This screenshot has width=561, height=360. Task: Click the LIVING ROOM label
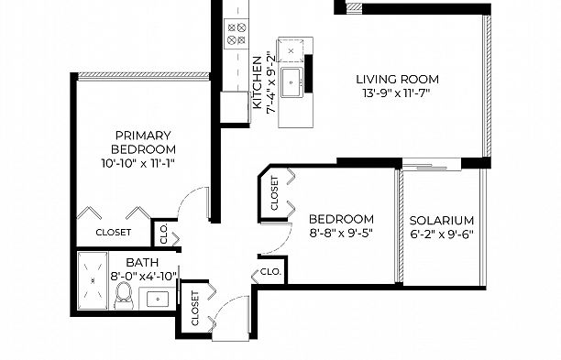tap(397, 79)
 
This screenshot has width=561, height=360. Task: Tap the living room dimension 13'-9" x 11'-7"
tap(396, 93)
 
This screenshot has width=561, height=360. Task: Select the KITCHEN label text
tap(258, 82)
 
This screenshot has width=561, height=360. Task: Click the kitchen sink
tap(291, 82)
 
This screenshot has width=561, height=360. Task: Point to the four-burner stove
tap(236, 34)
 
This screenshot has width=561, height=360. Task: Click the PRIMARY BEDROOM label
tap(143, 142)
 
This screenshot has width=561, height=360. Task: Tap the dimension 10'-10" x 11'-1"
tap(137, 163)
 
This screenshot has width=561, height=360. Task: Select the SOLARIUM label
tap(442, 220)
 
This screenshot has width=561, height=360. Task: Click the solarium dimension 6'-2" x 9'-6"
tap(442, 235)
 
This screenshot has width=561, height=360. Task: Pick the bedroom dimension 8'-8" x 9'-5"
tap(341, 233)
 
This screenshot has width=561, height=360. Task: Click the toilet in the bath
tap(124, 296)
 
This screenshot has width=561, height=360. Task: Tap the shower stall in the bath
tap(93, 280)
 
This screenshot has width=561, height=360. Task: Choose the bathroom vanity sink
tap(158, 299)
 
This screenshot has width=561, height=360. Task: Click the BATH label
tap(142, 262)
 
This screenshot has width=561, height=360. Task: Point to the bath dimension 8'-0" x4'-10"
tap(144, 277)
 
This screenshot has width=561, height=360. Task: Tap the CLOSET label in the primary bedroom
tap(114, 233)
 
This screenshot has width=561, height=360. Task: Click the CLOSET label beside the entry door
tap(195, 309)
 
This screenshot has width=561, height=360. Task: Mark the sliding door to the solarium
tap(432, 165)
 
